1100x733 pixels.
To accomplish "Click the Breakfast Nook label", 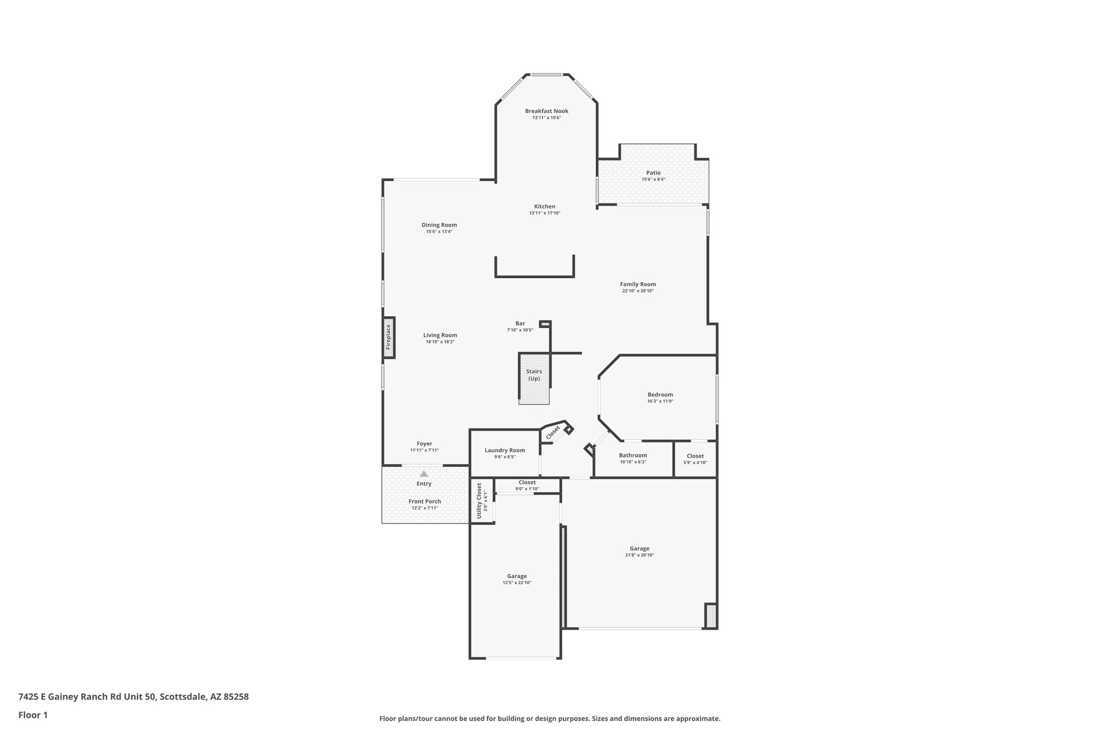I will (546, 111).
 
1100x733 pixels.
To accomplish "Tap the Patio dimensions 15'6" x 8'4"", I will (653, 179).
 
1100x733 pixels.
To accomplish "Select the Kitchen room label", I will (545, 207).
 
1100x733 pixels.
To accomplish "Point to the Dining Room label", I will (439, 225).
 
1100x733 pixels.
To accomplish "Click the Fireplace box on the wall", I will (389, 337).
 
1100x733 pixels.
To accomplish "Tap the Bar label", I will (520, 323).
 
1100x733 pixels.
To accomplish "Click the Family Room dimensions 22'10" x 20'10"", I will (638, 291).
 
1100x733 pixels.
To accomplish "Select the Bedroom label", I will (660, 395).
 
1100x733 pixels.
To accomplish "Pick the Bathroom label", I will (633, 455).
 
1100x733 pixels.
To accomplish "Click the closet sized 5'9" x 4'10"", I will (695, 459).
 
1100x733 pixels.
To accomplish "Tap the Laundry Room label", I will (505, 451).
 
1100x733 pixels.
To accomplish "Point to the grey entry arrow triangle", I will (424, 474).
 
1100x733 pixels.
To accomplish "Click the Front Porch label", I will (425, 502).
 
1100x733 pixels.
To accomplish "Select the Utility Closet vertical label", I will (480, 500).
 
